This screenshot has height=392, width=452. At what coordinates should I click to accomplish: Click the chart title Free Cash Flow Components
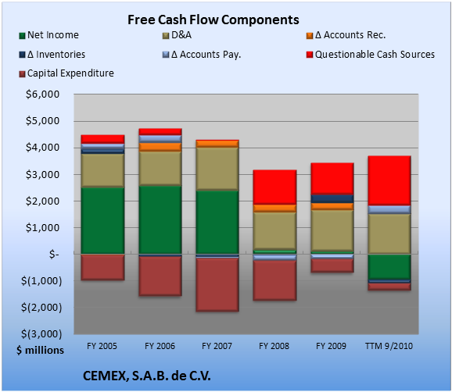pyautogui.click(x=213, y=20)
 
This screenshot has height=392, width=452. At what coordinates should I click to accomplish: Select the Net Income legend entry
pyautogui.click(x=49, y=35)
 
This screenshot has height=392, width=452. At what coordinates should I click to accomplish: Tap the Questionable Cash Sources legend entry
pyautogui.click(x=371, y=55)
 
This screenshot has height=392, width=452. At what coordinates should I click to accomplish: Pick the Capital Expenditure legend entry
pyautogui.click(x=66, y=73)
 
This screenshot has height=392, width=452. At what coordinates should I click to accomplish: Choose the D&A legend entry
pyautogui.click(x=177, y=35)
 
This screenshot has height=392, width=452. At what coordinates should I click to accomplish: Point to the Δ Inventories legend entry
pyautogui.click(x=52, y=55)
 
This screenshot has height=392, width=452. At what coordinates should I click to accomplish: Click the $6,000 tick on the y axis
pyautogui.click(x=43, y=94)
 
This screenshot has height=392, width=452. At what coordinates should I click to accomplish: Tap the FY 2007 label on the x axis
pyautogui.click(x=217, y=346)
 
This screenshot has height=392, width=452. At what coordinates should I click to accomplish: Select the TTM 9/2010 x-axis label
pyautogui.click(x=389, y=346)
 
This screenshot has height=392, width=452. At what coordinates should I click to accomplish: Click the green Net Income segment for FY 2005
pyautogui.click(x=102, y=221)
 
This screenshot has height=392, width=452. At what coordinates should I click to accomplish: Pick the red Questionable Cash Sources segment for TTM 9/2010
pyautogui.click(x=389, y=180)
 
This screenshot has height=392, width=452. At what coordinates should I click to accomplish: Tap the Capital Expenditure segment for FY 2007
pyautogui.click(x=217, y=285)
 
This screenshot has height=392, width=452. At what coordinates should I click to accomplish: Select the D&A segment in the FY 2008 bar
pyautogui.click(x=274, y=231)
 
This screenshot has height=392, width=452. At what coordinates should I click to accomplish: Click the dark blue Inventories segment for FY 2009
pyautogui.click(x=332, y=199)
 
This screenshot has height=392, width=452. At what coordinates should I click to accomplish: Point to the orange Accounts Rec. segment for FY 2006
pyautogui.click(x=160, y=147)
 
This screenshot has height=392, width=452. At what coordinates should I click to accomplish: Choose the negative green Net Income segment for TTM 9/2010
pyautogui.click(x=389, y=266)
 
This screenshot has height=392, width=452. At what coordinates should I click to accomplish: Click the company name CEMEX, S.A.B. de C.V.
pyautogui.click(x=147, y=376)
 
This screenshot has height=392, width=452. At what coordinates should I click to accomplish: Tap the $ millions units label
pyautogui.click(x=40, y=351)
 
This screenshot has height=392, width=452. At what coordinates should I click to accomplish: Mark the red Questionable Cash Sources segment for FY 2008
pyautogui.click(x=274, y=187)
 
